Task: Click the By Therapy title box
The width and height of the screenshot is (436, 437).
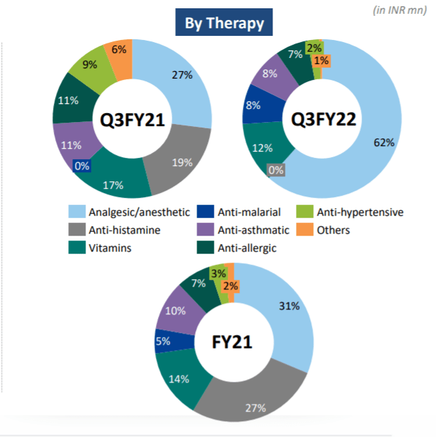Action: pyautogui.click(x=224, y=23)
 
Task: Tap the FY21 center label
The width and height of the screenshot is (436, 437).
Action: pyautogui.click(x=234, y=342)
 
